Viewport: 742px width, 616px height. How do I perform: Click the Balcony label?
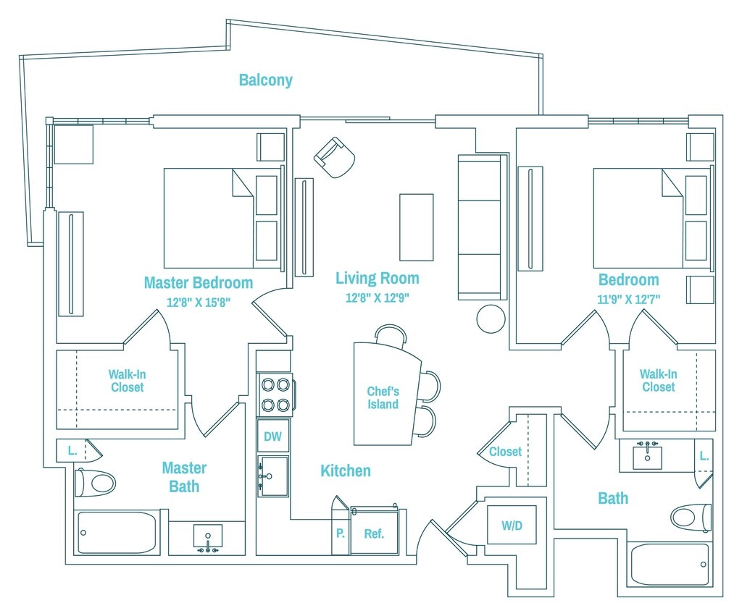[265, 80]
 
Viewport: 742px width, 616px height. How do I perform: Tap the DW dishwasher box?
[272, 436]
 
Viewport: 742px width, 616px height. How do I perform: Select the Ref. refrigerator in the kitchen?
[374, 530]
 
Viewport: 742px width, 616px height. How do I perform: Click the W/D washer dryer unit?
[512, 525]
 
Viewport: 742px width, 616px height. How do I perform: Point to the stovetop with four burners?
[275, 395]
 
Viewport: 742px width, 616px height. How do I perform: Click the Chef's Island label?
[383, 397]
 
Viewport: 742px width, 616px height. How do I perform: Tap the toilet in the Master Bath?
[95, 483]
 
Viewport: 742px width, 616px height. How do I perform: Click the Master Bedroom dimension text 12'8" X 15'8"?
[199, 302]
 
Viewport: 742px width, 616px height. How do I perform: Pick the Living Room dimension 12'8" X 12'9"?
[377, 298]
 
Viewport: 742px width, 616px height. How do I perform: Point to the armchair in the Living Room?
[335, 158]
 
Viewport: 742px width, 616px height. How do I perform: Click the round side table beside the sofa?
[491, 319]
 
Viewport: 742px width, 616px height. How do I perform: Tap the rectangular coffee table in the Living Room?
[417, 227]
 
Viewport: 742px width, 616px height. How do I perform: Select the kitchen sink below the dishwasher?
[273, 476]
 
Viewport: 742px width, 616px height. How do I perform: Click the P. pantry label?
[341, 533]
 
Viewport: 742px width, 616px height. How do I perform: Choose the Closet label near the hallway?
[505, 452]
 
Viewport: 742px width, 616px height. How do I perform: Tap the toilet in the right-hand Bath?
[691, 518]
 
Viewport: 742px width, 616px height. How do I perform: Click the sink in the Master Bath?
[208, 538]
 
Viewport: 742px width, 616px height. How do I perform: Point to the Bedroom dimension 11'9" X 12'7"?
[628, 299]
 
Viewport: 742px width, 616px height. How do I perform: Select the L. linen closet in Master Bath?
[72, 450]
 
